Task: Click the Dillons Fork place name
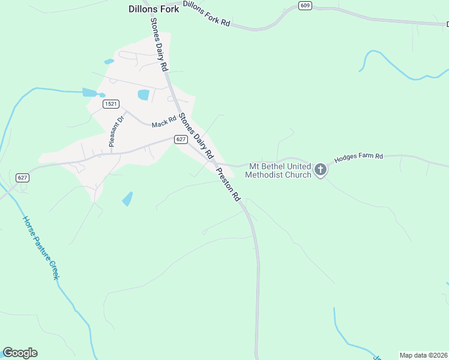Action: click(x=153, y=9)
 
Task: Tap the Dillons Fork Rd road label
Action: click(x=206, y=13)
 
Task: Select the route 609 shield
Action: click(x=306, y=5)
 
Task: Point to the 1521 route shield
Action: click(x=110, y=104)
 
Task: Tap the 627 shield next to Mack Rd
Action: click(x=181, y=139)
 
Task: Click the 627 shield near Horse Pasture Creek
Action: click(x=22, y=178)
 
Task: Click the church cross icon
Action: click(x=321, y=170)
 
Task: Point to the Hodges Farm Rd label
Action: click(x=358, y=157)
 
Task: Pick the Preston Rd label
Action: click(x=229, y=184)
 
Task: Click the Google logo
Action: click(x=20, y=353)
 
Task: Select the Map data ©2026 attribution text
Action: click(x=423, y=355)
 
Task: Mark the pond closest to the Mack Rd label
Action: click(x=143, y=94)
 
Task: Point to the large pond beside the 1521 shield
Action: click(x=89, y=92)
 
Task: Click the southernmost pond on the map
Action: click(x=127, y=199)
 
